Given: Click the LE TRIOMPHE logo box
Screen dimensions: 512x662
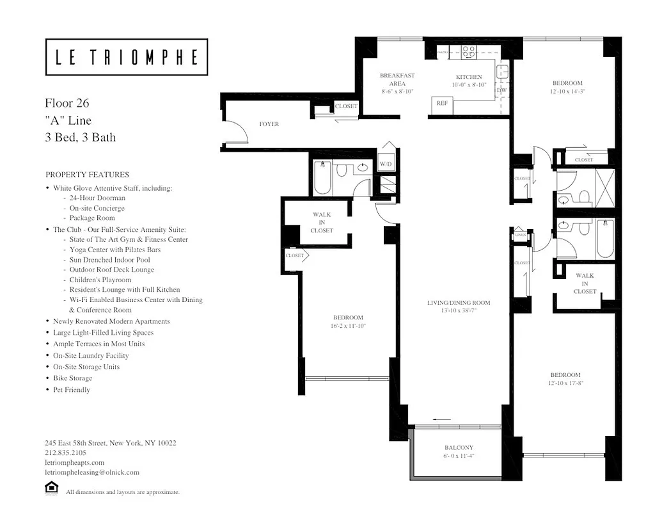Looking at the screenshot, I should pos(127,57).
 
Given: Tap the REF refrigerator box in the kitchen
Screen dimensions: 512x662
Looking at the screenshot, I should pos(441,103).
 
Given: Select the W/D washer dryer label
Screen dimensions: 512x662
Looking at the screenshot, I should pos(386,164).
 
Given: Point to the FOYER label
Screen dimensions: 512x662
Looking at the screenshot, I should pos(269,124).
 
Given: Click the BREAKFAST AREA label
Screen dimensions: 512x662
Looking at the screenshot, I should pos(397,79).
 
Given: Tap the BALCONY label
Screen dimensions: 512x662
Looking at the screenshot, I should pos(459,447).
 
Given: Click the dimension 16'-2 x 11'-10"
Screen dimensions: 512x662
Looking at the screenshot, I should pos(348,326).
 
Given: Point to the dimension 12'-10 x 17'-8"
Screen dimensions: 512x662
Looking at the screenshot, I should pos(566,383).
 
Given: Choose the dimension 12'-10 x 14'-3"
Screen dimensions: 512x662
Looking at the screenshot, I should pos(567,92).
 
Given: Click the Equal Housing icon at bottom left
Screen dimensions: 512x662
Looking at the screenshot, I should pos(52,489).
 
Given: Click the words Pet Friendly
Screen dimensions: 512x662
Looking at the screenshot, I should pos(72,390).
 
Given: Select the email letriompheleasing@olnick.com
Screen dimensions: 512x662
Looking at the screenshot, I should pos(92,472).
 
